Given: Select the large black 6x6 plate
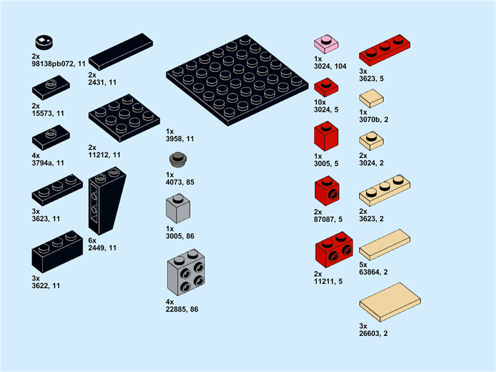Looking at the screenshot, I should (x=237, y=79).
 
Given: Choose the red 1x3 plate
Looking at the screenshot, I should (x=385, y=51).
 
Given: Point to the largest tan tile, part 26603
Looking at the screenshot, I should (x=390, y=302).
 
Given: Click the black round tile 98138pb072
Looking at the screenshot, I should (x=43, y=43).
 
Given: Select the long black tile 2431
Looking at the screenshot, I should (x=121, y=51).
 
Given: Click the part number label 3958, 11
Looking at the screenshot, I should (x=180, y=139).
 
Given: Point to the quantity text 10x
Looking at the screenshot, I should (x=320, y=102).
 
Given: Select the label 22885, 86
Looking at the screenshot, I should (x=182, y=309).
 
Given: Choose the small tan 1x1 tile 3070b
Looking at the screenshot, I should (x=371, y=98).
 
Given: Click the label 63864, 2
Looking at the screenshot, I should (x=374, y=272).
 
